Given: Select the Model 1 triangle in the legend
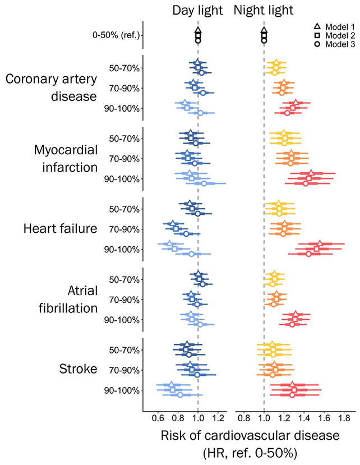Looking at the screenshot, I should coord(317,26).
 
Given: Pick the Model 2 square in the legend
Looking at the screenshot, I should coord(317,35).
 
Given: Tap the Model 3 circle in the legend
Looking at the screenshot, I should coord(317,43).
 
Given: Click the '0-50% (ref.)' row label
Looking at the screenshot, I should coord(116,35).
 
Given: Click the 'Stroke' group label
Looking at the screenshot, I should coord(78,370).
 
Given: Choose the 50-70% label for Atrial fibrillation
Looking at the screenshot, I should coord(124,279).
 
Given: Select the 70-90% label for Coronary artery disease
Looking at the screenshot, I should coord(124,88).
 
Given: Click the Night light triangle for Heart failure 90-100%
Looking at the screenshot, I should coord(319,244).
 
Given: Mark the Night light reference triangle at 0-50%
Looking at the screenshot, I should coord(264,30).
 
